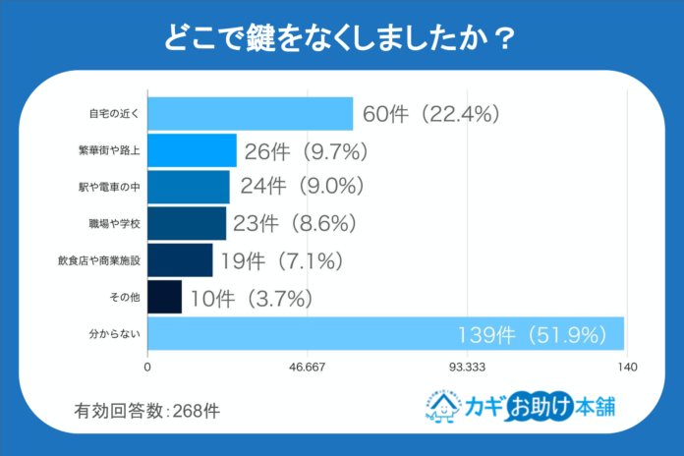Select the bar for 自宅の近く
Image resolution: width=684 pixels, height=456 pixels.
coord(250,114)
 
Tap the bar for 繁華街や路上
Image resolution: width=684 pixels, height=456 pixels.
coord(192,150)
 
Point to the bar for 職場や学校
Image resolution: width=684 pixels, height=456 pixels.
coord(187,223)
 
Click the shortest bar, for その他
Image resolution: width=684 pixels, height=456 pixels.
coord(164,297)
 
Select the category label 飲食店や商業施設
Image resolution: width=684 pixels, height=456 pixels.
coord(100,260)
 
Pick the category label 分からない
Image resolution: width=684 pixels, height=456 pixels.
coord(116,334)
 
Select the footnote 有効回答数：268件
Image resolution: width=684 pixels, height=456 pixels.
coord(147,411)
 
